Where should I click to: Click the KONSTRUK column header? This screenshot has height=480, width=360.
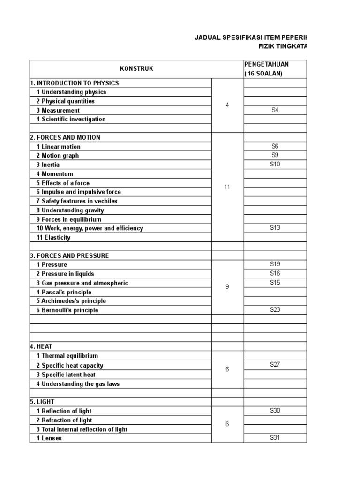[x=136, y=69]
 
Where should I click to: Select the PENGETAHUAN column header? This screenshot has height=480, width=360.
[x=266, y=64]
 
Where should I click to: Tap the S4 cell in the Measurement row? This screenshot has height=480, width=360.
[x=275, y=110]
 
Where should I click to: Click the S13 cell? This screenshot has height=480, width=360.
[x=275, y=228]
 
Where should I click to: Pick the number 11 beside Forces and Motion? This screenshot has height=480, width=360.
[x=227, y=187]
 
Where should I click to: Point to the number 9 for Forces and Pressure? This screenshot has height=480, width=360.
[x=227, y=287]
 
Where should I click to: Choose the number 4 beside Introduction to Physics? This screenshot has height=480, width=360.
[x=227, y=105]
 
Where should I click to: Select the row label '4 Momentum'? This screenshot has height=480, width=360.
[x=54, y=174]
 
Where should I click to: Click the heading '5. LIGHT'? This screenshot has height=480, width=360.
[x=43, y=402]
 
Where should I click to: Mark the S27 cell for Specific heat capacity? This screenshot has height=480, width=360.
[x=275, y=365]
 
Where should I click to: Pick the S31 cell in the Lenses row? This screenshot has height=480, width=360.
[x=275, y=438]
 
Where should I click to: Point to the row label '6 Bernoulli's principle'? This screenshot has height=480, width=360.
[x=67, y=310]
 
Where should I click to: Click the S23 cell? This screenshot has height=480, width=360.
[x=275, y=310]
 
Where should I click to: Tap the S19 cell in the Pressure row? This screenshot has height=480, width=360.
[x=275, y=264]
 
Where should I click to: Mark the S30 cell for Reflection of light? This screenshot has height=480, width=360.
[x=275, y=411]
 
